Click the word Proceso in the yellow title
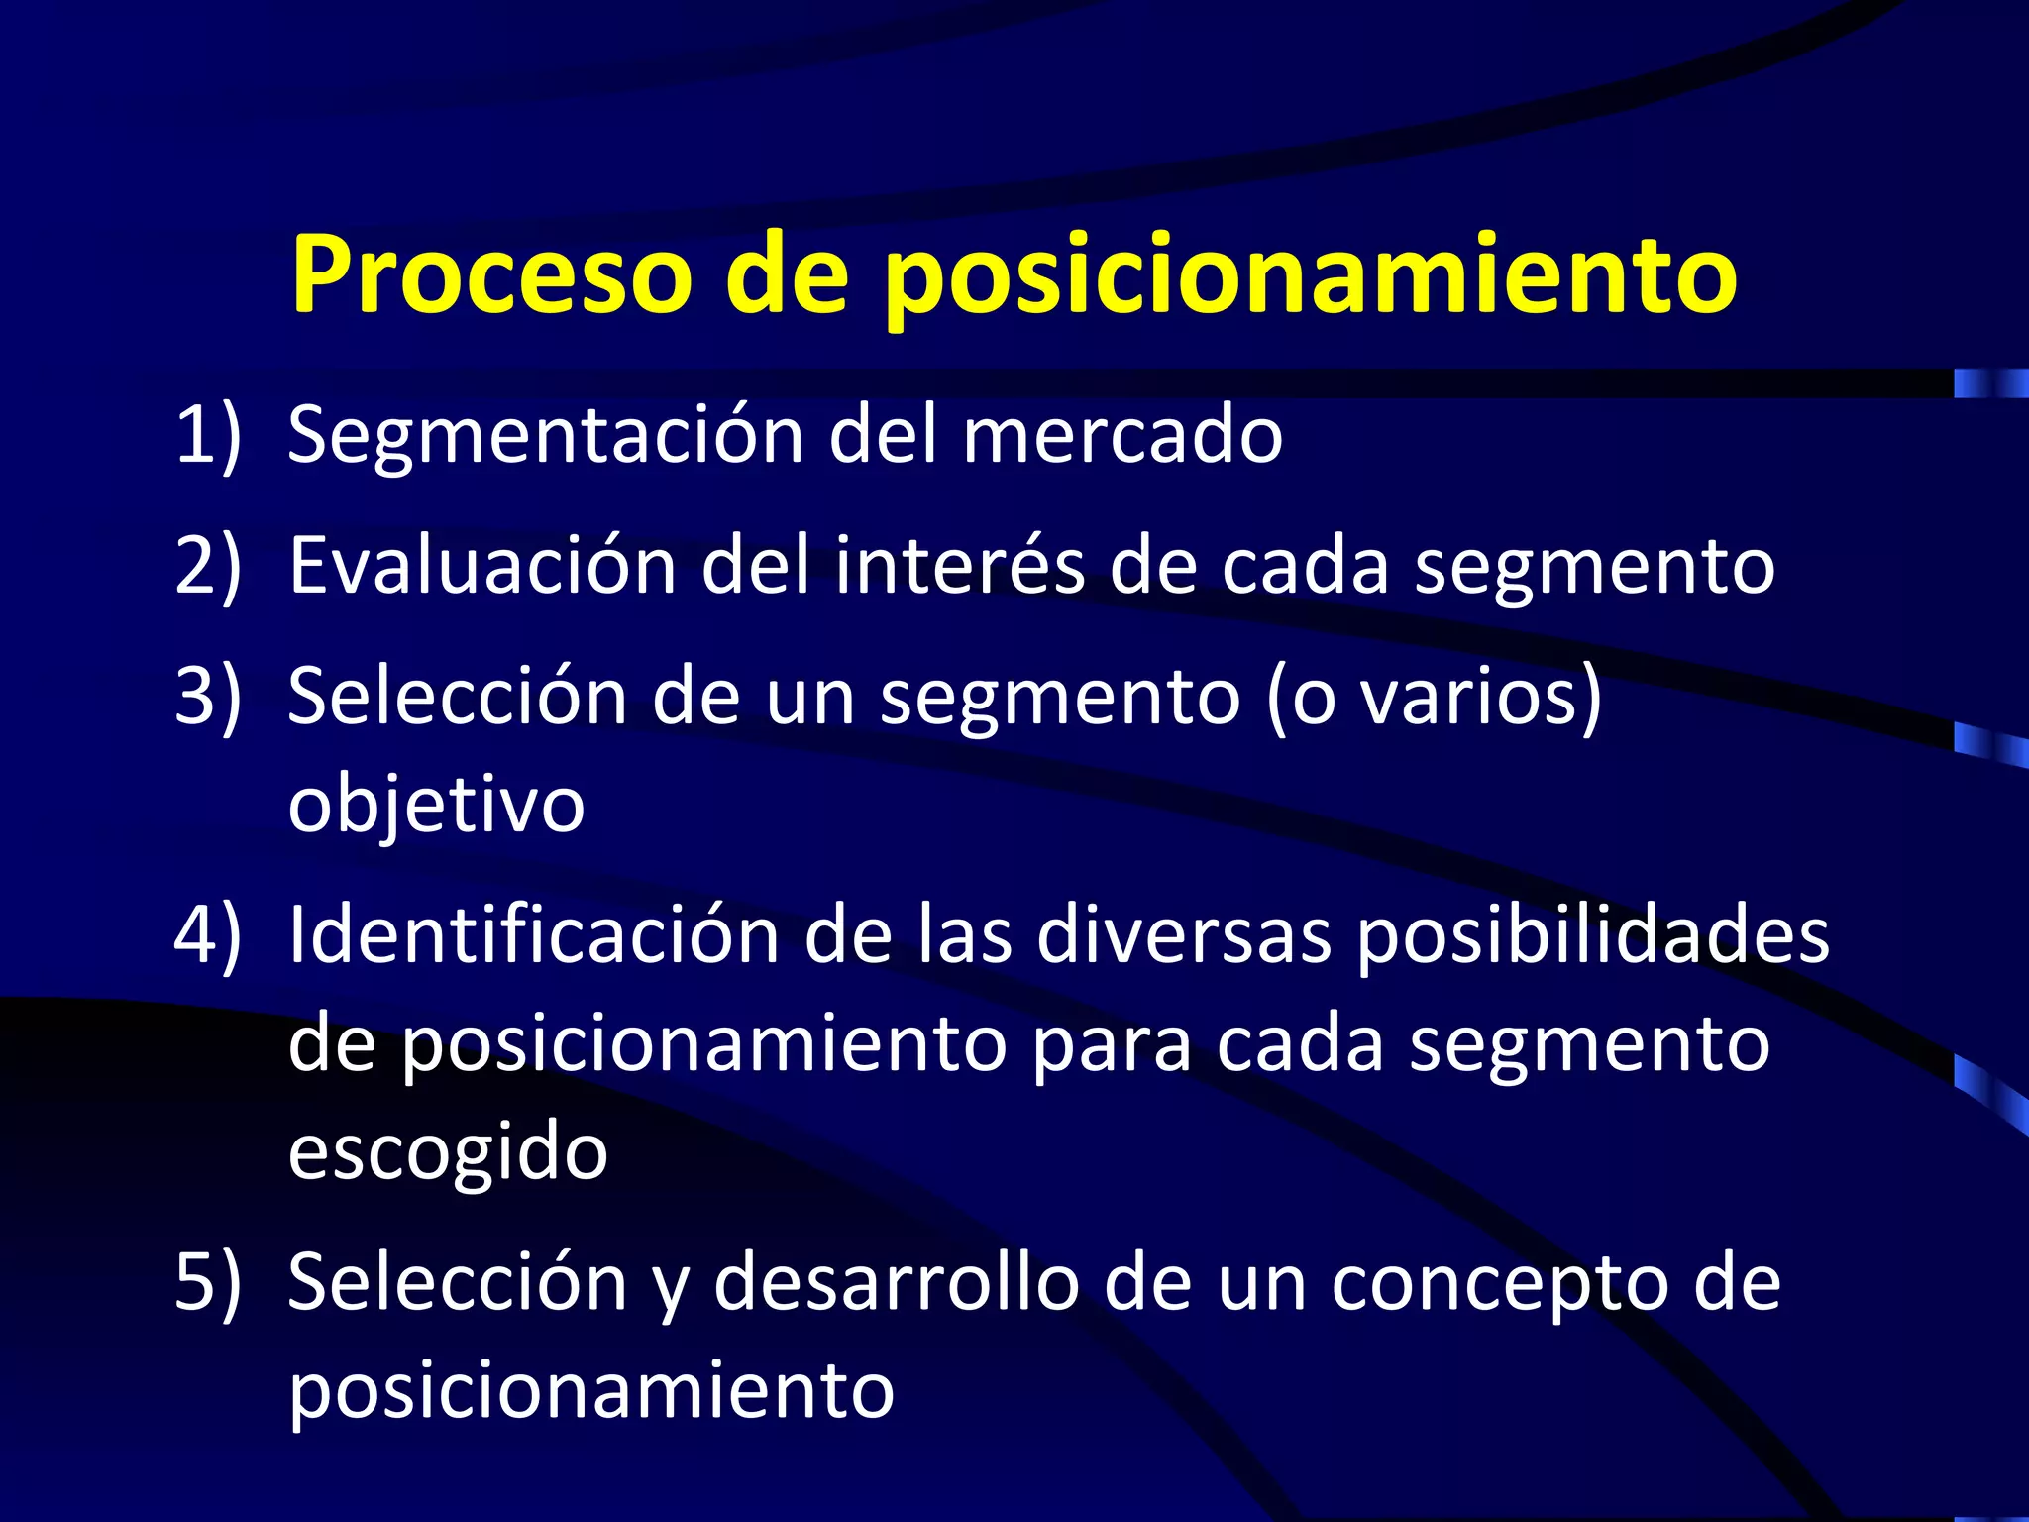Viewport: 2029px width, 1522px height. [x=490, y=274]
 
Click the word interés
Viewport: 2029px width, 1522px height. [x=959, y=566]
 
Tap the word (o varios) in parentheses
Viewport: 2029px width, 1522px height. [x=1434, y=698]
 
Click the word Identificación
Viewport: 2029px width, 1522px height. [x=534, y=935]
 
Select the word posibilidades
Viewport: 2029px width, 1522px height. [x=1592, y=937]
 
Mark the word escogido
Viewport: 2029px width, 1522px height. [x=448, y=1154]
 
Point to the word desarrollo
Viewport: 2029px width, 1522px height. [x=896, y=1283]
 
